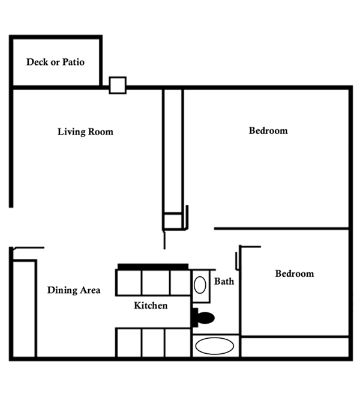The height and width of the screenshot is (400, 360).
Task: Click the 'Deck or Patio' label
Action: point(55,62)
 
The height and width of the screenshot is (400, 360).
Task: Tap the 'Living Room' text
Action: point(85,132)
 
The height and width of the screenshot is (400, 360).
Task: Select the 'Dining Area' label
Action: point(74,290)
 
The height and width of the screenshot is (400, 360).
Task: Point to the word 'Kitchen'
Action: point(151,305)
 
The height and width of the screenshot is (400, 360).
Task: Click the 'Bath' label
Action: point(224,281)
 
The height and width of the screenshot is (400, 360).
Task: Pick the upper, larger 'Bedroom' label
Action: point(268,130)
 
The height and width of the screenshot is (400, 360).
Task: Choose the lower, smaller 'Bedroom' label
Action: point(295,273)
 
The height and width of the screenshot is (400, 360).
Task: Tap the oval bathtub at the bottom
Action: point(215,346)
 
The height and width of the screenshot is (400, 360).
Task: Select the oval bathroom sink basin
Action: point(200,285)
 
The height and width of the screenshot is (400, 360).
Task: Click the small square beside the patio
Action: point(118,85)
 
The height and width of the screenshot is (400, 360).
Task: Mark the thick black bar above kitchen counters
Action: point(153,267)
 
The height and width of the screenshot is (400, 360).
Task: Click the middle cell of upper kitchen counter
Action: point(155,282)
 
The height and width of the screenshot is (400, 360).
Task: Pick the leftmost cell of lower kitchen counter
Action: point(129,342)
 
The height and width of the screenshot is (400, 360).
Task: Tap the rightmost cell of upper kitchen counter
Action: point(181,282)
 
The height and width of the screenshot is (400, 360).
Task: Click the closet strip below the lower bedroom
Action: point(295,347)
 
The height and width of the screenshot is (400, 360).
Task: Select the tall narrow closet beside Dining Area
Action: point(24,309)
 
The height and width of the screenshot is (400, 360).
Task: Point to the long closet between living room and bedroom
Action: point(173,151)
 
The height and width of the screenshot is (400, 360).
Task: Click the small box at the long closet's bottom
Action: point(173,221)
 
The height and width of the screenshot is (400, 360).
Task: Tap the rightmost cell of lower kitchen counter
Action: point(178,342)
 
